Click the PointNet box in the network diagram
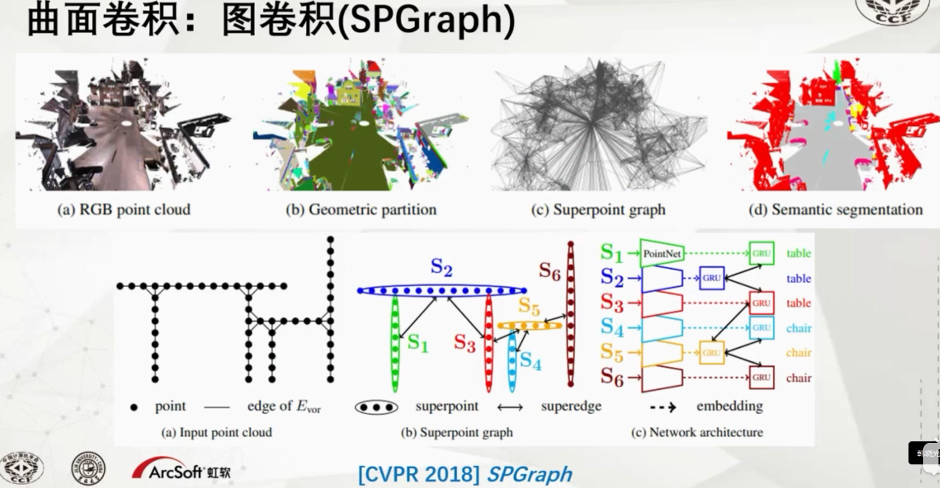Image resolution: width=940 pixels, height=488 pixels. (662, 254)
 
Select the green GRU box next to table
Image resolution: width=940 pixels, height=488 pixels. (761, 254)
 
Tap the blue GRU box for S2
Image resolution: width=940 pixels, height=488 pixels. (711, 278)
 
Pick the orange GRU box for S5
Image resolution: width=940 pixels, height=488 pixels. (711, 353)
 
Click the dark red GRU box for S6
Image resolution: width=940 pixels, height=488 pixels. (761, 378)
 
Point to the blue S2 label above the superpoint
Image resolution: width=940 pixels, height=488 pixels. (441, 267)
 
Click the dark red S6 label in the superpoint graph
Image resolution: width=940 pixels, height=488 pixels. (549, 271)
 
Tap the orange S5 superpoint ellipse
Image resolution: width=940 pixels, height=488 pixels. (529, 325)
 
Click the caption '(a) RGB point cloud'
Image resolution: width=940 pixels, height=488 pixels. (124, 210)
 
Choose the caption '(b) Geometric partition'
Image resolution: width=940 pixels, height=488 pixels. (361, 210)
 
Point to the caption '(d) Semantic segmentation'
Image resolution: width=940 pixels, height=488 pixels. (835, 210)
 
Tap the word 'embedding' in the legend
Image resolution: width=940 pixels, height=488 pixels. (729, 406)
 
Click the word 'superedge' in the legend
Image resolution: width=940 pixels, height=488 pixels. (571, 406)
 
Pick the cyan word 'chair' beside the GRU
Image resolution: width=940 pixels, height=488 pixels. (799, 328)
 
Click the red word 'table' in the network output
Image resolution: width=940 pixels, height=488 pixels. (799, 303)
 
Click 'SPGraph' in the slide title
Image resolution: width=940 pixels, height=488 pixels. (426, 20)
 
